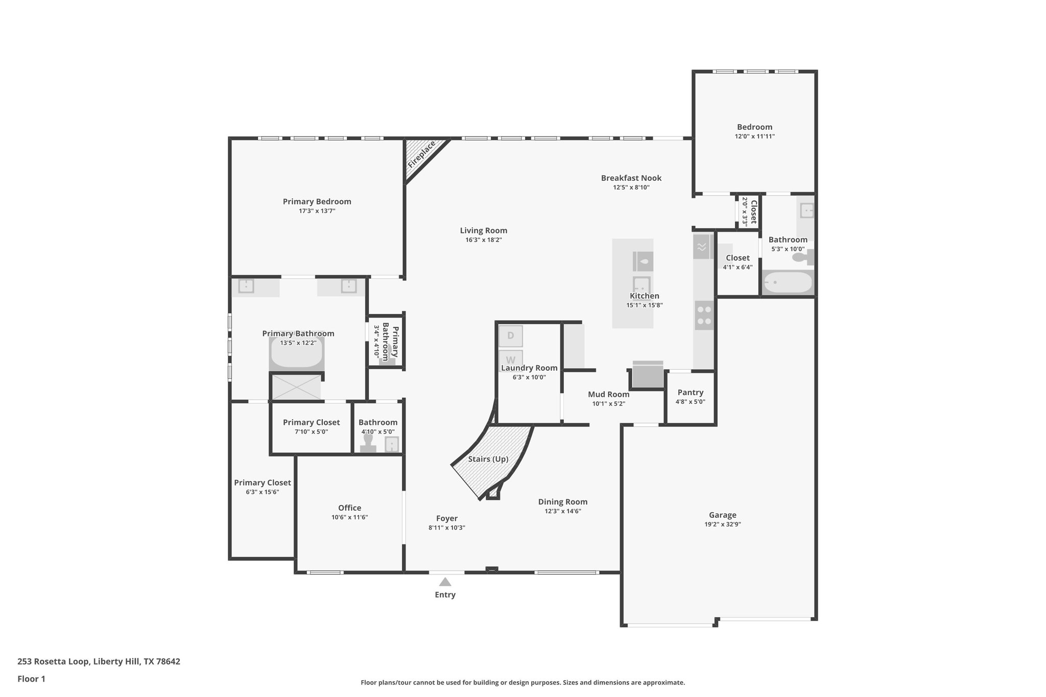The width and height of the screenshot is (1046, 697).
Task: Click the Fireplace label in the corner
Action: coord(421,155)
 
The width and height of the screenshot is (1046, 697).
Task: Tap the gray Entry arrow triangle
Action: coord(445,582)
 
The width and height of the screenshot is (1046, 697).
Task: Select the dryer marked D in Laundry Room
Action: coord(510,336)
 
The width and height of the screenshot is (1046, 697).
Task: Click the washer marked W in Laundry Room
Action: coord(510,359)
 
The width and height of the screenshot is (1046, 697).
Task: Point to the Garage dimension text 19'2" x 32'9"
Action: coord(722,524)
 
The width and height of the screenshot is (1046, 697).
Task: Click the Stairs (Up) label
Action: coord(488,459)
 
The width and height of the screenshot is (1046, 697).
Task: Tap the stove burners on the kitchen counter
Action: coord(704,315)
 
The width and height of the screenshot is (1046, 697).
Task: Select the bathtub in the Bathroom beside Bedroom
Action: coord(787,282)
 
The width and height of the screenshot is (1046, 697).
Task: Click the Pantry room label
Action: coord(691,392)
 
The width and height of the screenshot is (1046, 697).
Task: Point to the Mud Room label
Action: coord(608,394)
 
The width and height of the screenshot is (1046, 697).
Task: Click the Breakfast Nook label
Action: coord(631,178)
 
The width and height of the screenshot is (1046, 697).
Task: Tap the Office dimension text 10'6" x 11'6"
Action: coord(349,517)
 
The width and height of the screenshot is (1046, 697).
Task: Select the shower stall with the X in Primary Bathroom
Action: coord(296,387)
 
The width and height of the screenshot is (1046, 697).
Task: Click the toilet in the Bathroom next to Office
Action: coord(368,444)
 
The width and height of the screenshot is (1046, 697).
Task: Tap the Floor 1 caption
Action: coord(31,679)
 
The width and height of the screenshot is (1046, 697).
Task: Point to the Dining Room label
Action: coord(562,502)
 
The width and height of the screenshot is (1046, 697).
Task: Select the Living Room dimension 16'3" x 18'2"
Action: coord(483,240)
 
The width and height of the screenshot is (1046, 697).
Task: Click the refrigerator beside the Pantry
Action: coord(648,375)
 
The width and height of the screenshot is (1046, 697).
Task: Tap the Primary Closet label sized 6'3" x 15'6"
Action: coord(263,483)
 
